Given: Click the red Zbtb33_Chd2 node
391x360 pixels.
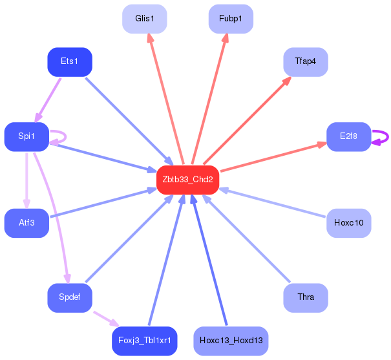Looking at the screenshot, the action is pyautogui.click(x=188, y=180).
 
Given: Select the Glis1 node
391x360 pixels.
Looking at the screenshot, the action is pyautogui.click(x=145, y=19).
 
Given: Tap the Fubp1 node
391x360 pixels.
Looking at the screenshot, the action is pyautogui.click(x=231, y=19).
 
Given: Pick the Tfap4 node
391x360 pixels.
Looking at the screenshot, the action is pyautogui.click(x=306, y=62).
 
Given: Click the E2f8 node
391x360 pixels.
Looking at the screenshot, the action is pyautogui.click(x=349, y=136).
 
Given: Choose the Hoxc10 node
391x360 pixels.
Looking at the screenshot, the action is pyautogui.click(x=349, y=223).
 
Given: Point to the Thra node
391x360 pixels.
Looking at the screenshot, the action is pyautogui.click(x=306, y=298).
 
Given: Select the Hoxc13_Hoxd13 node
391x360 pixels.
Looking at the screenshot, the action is pyautogui.click(x=231, y=341).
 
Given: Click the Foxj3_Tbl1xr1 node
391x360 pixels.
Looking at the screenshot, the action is pyautogui.click(x=145, y=341).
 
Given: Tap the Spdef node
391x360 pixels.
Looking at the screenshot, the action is pyautogui.click(x=70, y=298).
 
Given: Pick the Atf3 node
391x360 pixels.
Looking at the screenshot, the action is pyautogui.click(x=26, y=223).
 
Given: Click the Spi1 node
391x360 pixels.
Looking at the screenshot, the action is pyautogui.click(x=26, y=136).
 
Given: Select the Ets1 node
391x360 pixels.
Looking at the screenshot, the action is pyautogui.click(x=70, y=62).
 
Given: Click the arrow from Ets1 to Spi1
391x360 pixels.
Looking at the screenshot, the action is pyautogui.click(x=48, y=100).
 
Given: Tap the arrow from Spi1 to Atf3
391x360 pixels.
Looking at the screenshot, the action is pyautogui.click(x=26, y=180).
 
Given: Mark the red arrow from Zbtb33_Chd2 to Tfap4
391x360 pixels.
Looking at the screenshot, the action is pyautogui.click(x=248, y=120).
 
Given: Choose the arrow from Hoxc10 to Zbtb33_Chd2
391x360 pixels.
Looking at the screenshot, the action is pyautogui.click(x=272, y=202).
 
